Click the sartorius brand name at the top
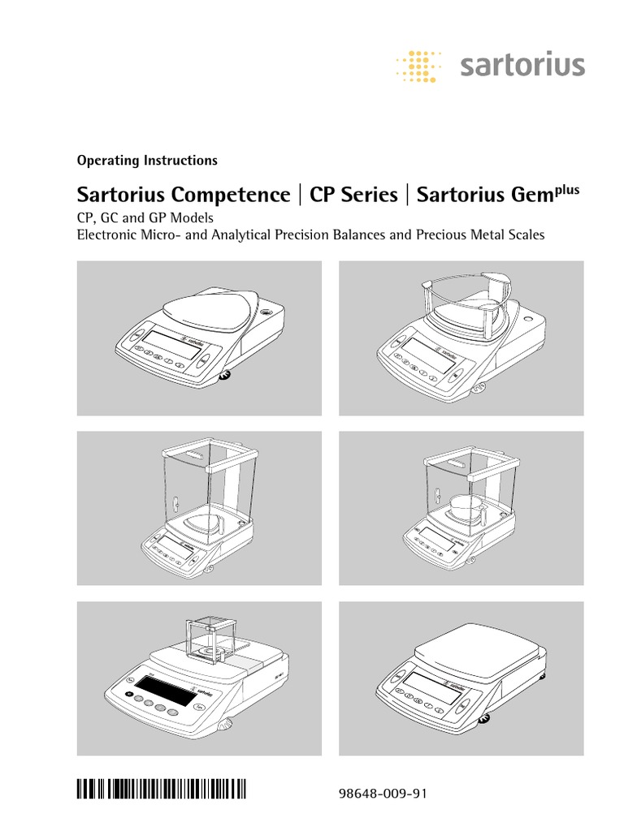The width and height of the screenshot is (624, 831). tap(522, 65)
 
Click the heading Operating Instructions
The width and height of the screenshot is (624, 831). tap(146, 160)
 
